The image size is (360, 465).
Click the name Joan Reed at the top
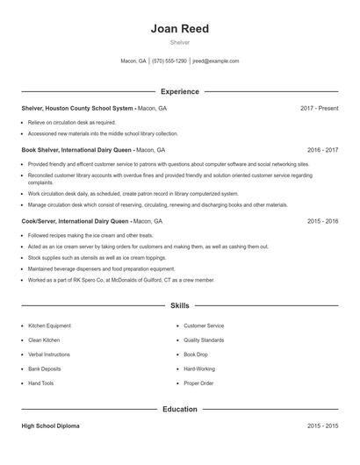(179, 27)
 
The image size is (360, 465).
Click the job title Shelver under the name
(179, 42)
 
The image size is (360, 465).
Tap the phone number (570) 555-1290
(169, 61)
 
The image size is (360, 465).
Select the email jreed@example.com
(216, 61)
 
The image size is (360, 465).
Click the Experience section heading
(179, 91)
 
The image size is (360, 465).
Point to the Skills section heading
(179, 306)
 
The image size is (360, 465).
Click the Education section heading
(179, 409)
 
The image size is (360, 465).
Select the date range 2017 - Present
(319, 108)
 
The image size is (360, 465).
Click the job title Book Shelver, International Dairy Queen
(77, 150)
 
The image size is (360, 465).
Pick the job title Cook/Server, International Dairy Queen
(78, 222)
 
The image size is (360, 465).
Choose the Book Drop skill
(195, 354)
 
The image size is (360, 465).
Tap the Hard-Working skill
(199, 369)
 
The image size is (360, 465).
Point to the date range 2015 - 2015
(322, 426)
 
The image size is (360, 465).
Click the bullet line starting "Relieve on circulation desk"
(72, 123)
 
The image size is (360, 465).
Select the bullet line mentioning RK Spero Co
(121, 280)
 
